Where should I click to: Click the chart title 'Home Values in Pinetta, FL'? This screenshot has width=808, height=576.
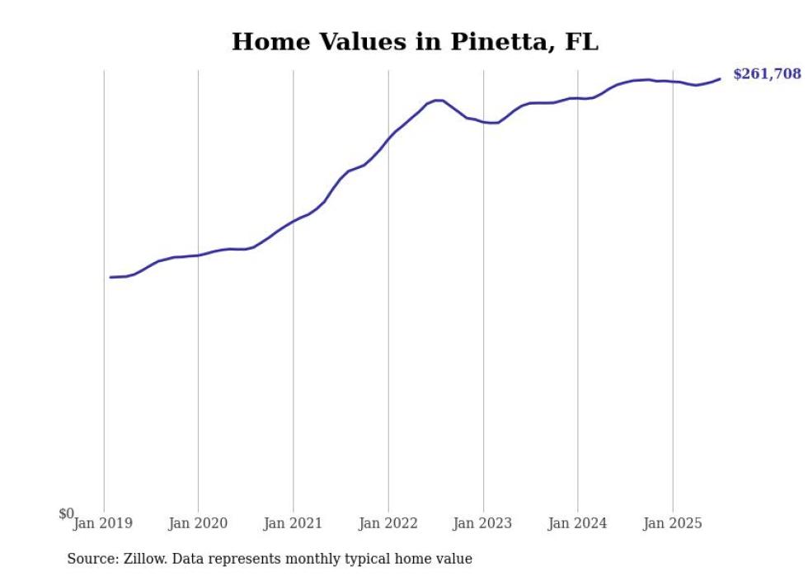[x=415, y=41]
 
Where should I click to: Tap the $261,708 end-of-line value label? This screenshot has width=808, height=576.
[x=766, y=74]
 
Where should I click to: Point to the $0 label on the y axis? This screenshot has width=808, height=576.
[x=66, y=514]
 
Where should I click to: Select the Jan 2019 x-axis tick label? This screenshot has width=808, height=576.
[x=103, y=523]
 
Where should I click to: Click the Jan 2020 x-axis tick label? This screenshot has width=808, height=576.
[x=198, y=523]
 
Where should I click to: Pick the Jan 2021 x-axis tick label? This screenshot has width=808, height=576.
[x=293, y=523]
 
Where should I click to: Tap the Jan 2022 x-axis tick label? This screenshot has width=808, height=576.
[x=388, y=523]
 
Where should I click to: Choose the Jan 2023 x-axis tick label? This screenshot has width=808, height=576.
[x=482, y=523]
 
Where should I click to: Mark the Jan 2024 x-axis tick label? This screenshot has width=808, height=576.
[x=577, y=523]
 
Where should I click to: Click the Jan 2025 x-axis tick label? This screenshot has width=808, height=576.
[x=672, y=523]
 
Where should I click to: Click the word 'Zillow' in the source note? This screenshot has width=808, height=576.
[x=144, y=559]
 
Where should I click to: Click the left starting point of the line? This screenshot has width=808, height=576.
[x=110, y=277]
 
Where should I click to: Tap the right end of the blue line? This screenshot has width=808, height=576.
[x=720, y=79]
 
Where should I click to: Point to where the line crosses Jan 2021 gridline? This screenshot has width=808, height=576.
[x=293, y=221]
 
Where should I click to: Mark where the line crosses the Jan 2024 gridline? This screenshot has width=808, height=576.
[x=577, y=98]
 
